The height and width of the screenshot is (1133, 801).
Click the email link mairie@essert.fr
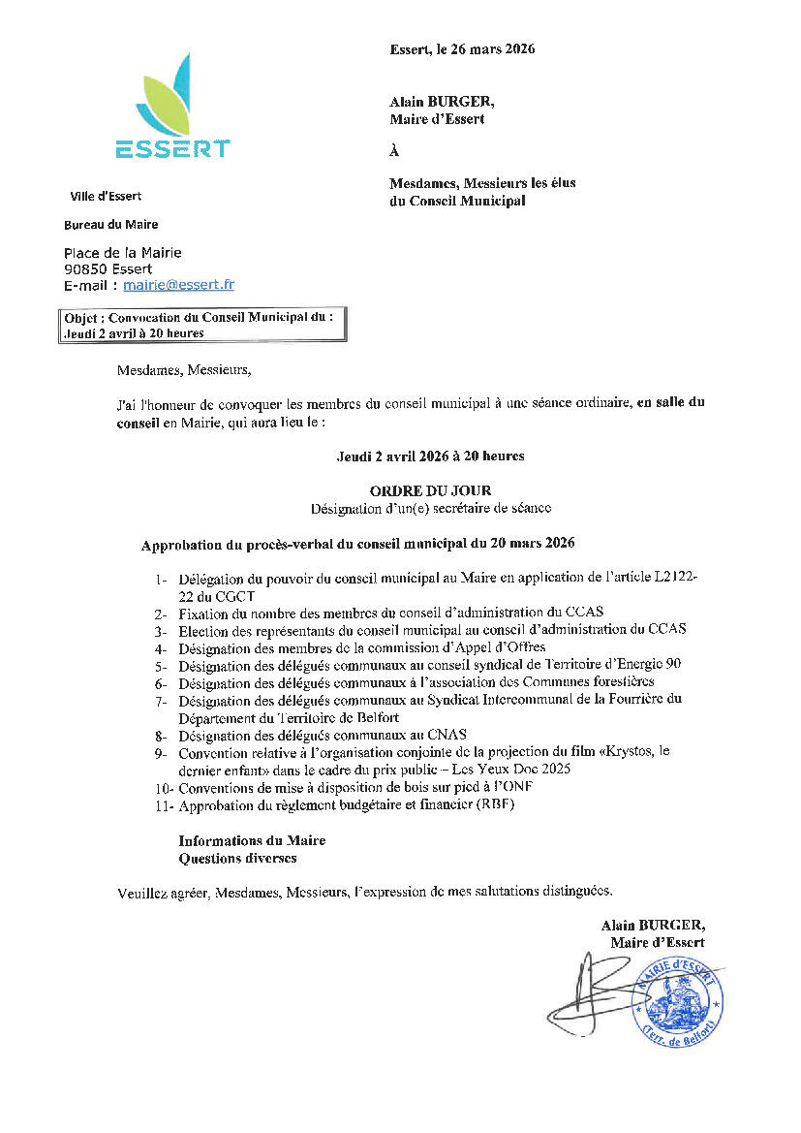tap(178, 285)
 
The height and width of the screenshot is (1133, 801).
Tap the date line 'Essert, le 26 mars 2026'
tap(462, 49)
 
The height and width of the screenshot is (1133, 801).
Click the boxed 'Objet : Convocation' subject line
tap(200, 325)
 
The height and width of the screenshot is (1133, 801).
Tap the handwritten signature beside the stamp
tap(591, 993)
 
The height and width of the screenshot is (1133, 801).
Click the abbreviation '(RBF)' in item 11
tap(494, 804)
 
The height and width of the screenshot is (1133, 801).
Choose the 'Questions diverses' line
tap(237, 858)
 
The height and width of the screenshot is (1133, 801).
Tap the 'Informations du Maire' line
tap(252, 840)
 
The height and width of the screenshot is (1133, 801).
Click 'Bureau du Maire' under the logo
tap(110, 225)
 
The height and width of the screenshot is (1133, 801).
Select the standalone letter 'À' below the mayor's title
tap(394, 151)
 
